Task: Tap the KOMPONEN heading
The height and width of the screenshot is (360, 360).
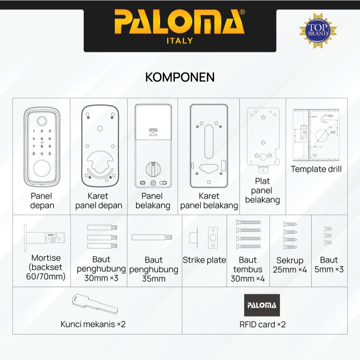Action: pyautogui.click(x=180, y=77)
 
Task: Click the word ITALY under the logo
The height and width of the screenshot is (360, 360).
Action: pyautogui.click(x=180, y=41)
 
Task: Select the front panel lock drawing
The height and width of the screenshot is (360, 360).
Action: pyautogui.click(x=42, y=147)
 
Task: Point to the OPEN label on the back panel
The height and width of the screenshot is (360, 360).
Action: pyautogui.click(x=153, y=130)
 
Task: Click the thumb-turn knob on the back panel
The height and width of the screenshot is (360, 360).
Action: pyautogui.click(x=153, y=168)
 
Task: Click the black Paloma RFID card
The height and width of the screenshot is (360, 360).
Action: pyautogui.click(x=262, y=306)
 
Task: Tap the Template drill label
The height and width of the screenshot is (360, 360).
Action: pyautogui.click(x=316, y=169)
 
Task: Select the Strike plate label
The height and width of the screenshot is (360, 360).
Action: pyautogui.click(x=204, y=260)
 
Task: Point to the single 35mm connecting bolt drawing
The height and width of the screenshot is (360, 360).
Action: pyautogui.click(x=152, y=238)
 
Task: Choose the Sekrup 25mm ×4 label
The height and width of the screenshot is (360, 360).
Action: pyautogui.click(x=290, y=265)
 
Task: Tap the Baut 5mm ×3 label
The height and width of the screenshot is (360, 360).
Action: pyautogui.click(x=329, y=265)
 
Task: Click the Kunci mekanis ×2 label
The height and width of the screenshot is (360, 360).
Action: pyautogui.click(x=93, y=324)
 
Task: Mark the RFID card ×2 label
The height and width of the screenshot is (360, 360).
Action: pyautogui.click(x=263, y=324)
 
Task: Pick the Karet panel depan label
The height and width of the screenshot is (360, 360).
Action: pyautogui.click(x=99, y=201)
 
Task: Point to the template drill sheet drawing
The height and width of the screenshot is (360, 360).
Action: pyautogui.click(x=316, y=135)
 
